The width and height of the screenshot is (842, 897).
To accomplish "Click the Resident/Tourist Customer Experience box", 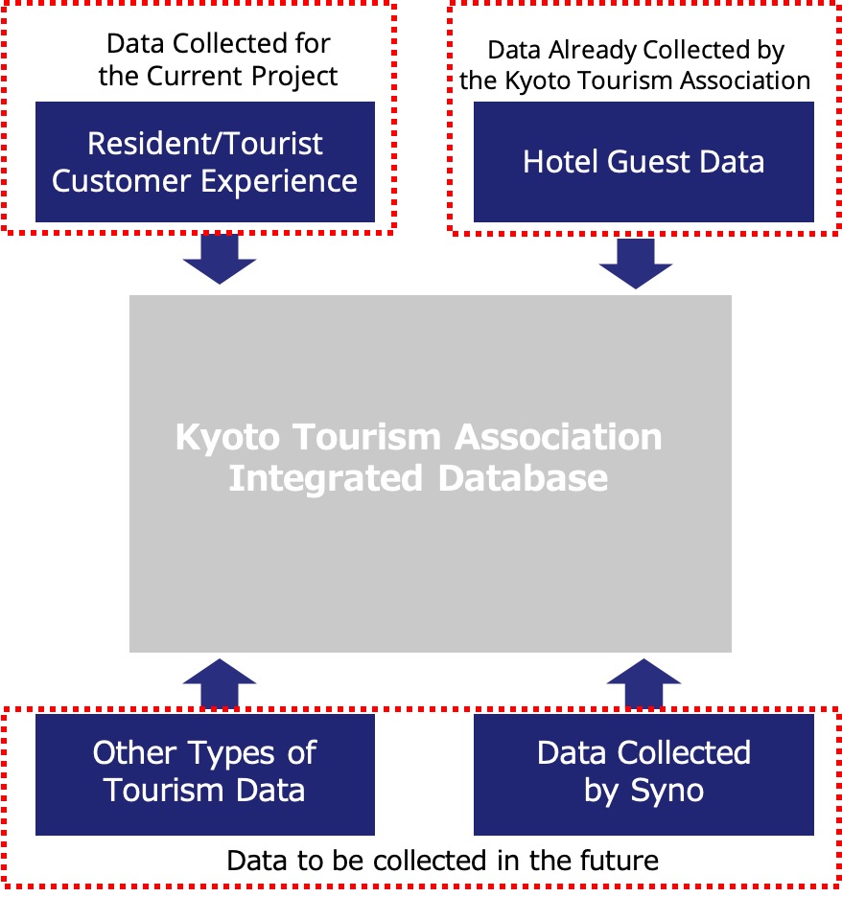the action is [x=205, y=162].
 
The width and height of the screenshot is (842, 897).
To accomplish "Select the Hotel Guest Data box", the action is [x=643, y=162].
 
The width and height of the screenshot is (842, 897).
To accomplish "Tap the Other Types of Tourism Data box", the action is [x=205, y=774].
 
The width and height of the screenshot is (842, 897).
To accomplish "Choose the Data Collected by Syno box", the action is [x=643, y=774].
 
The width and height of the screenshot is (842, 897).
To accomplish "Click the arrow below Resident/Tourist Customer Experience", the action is [x=220, y=259].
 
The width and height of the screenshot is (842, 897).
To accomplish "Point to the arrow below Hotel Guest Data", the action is [x=636, y=264].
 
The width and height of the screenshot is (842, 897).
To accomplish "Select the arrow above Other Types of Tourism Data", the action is [x=220, y=683].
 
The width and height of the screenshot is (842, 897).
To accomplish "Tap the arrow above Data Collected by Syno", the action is [x=643, y=683].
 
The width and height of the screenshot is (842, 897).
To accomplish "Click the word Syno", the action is [x=667, y=792].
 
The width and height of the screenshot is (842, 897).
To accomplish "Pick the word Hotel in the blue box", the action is [x=560, y=161].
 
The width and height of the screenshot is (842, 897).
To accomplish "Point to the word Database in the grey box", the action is [x=524, y=477].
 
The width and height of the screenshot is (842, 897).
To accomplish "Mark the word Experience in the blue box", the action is [x=279, y=182].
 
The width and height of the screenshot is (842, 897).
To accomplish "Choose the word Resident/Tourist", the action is [x=205, y=143].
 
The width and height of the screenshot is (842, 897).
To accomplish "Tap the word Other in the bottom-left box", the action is [x=134, y=752].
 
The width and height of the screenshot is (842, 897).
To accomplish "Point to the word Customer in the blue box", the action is [x=122, y=181].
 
